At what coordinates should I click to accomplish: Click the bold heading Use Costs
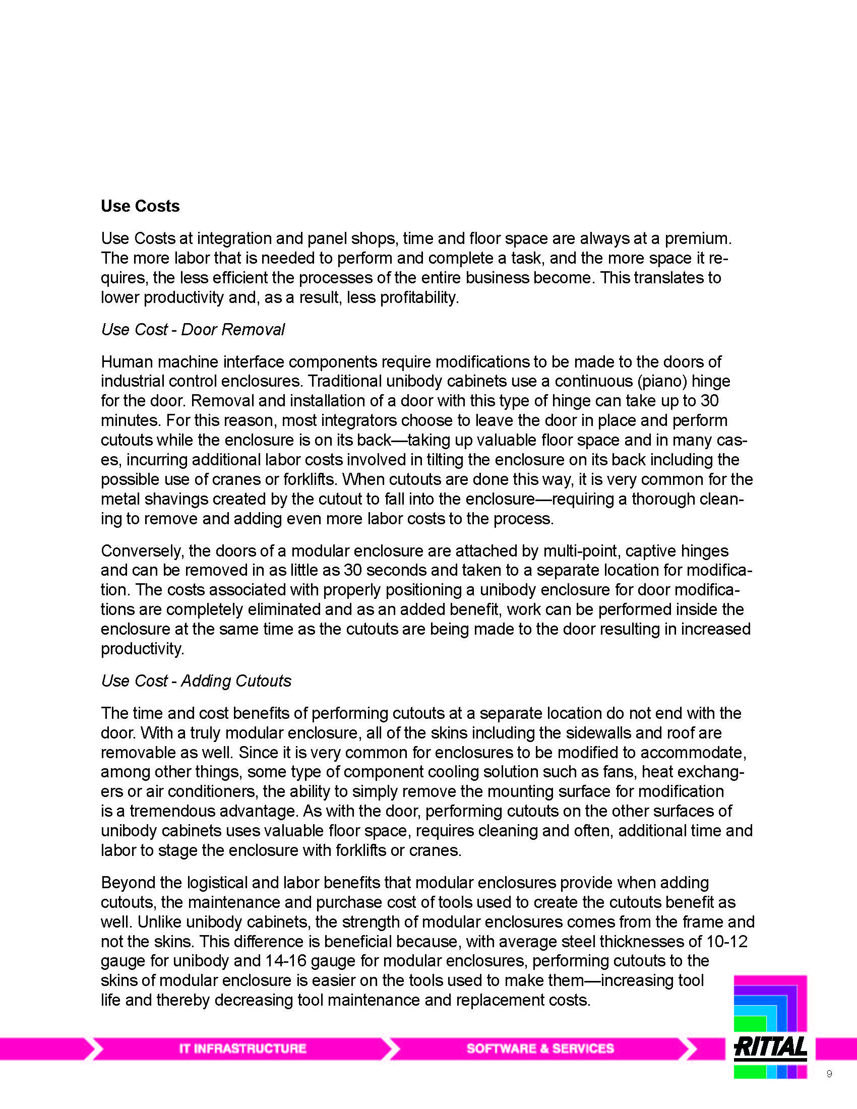[x=140, y=206]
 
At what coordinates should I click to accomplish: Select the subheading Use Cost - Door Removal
[x=193, y=330]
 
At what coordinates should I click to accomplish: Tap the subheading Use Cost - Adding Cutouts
[x=196, y=681]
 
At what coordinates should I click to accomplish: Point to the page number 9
[x=829, y=1073]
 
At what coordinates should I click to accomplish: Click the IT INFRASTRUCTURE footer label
[x=242, y=1049]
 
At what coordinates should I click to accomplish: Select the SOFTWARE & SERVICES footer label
[x=540, y=1049]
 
